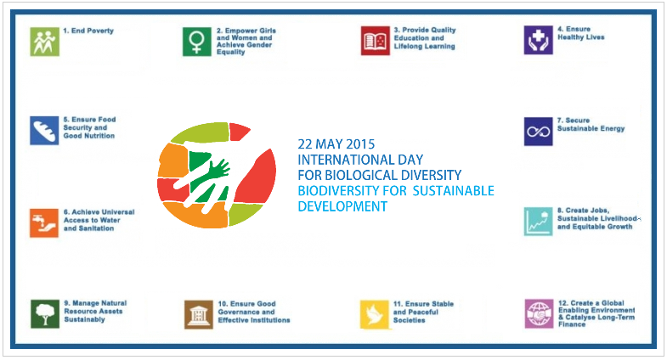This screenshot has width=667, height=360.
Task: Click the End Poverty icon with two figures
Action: (43, 41)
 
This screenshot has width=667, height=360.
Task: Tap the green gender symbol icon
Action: (196, 41)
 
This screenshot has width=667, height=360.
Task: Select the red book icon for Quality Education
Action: (375, 41)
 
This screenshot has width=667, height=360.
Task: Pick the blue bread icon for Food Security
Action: (43, 130)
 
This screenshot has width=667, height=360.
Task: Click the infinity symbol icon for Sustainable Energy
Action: (538, 131)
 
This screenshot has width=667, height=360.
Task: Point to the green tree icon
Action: (43, 312)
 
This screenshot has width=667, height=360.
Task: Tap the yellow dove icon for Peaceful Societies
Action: (375, 313)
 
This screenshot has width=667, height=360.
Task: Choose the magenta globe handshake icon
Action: (539, 313)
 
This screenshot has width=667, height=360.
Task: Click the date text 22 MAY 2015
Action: (336, 143)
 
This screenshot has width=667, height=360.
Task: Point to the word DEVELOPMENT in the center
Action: (342, 206)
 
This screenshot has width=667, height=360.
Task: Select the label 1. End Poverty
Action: (88, 31)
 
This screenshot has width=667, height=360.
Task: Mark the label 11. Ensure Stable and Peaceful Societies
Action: (423, 312)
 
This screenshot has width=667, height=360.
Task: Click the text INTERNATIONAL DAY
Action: (360, 160)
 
